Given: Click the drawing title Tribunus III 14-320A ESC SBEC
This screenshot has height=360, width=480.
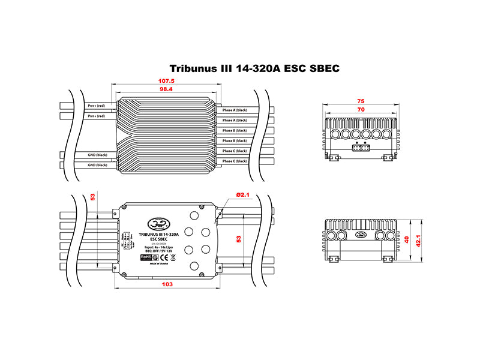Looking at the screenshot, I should pyautogui.click(x=255, y=68).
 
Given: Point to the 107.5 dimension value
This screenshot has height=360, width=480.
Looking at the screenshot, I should pyautogui.click(x=166, y=80).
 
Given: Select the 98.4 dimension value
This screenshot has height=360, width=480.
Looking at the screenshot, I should pyautogui.click(x=166, y=89).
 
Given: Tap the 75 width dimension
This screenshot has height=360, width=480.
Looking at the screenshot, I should pyautogui.click(x=361, y=102).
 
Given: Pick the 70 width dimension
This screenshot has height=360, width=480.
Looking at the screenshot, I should pyautogui.click(x=361, y=110).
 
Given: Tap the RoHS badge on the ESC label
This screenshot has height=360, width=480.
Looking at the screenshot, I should pyautogui.click(x=146, y=257).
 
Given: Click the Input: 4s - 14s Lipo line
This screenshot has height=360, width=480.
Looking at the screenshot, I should pyautogui.click(x=158, y=246).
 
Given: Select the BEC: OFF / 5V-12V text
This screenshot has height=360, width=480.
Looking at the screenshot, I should pyautogui.click(x=158, y=251).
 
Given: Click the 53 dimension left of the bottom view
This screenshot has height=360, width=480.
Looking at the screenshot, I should pyautogui.click(x=92, y=196).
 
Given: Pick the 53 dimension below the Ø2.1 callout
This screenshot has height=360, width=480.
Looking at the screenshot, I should pyautogui.click(x=239, y=239).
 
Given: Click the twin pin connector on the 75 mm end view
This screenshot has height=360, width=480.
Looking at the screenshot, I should pyautogui.click(x=361, y=148).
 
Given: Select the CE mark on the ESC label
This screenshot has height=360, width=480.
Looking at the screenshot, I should pyautogui.click(x=173, y=257).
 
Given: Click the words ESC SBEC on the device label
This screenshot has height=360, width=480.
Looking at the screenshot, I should pyautogui.click(x=158, y=238).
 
